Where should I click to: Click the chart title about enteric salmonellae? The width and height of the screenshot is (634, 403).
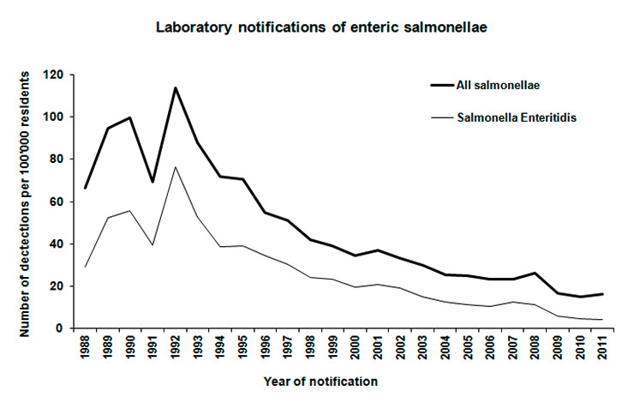pos(318,27)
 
